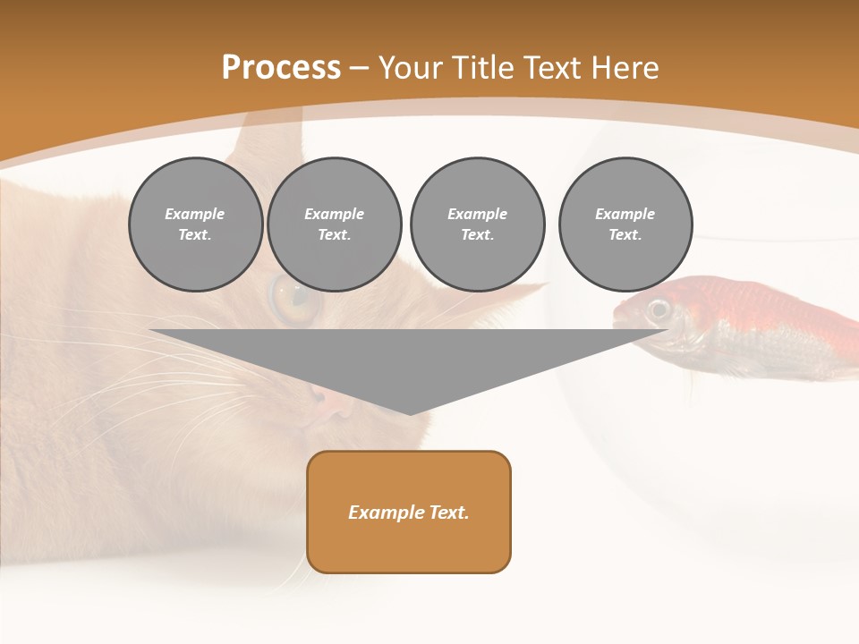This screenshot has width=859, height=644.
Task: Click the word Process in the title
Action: click(x=281, y=68)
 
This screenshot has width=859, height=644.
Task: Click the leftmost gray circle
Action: click(x=195, y=225)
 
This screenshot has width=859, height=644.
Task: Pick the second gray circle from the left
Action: click(x=335, y=225)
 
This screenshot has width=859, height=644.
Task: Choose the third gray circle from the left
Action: click(x=477, y=225)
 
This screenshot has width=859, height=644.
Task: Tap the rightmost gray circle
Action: click(x=625, y=225)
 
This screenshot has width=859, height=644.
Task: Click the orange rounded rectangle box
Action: click(x=409, y=512)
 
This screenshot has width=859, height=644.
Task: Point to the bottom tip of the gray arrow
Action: click(x=410, y=413)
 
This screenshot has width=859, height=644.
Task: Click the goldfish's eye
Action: click(x=659, y=309)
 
